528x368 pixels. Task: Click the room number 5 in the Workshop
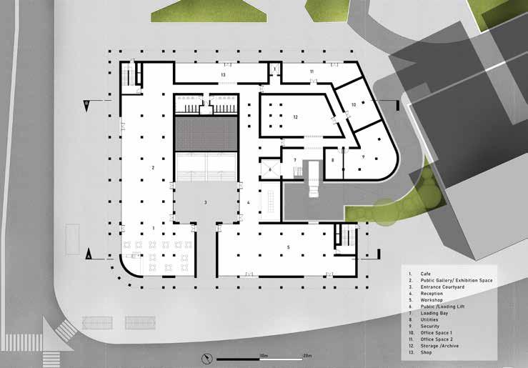point(289,247)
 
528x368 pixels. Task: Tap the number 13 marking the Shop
point(224,74)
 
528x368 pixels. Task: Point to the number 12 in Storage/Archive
point(294,116)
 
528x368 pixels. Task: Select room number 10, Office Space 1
point(353,105)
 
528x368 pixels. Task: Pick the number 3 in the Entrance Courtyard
point(205,203)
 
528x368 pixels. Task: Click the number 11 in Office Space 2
point(312,72)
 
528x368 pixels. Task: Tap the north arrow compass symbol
point(206,357)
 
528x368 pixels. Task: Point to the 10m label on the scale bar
point(263,354)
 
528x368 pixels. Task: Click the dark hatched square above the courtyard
point(206,134)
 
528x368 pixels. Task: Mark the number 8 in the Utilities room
point(332,160)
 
